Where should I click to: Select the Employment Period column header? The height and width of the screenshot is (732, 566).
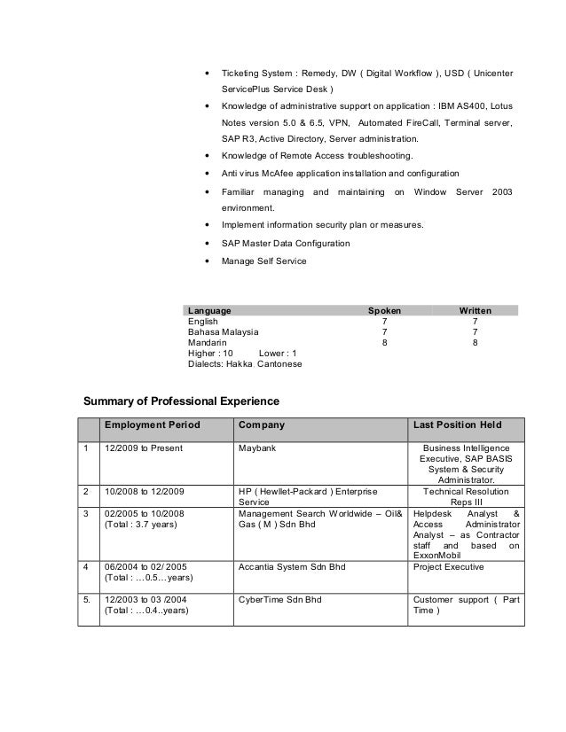click(153, 426)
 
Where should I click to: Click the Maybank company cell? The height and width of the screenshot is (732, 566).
click(257, 448)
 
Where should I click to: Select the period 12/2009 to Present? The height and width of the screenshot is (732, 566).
click(144, 448)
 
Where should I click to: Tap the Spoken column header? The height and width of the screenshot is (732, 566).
click(384, 311)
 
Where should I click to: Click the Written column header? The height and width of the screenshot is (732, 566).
click(475, 311)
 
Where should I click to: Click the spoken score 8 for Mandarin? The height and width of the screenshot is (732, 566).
click(384, 342)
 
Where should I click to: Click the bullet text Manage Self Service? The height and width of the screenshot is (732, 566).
click(263, 261)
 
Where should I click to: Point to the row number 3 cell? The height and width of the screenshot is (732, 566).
click(86, 512)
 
